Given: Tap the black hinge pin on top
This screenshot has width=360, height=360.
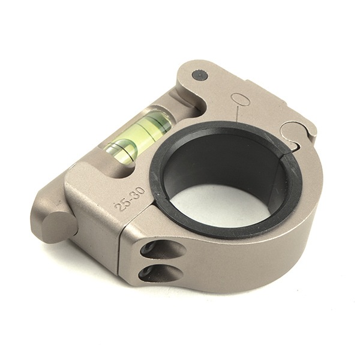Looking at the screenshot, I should (x=200, y=76).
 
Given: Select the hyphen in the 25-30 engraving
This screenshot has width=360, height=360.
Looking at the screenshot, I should (x=130, y=199).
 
